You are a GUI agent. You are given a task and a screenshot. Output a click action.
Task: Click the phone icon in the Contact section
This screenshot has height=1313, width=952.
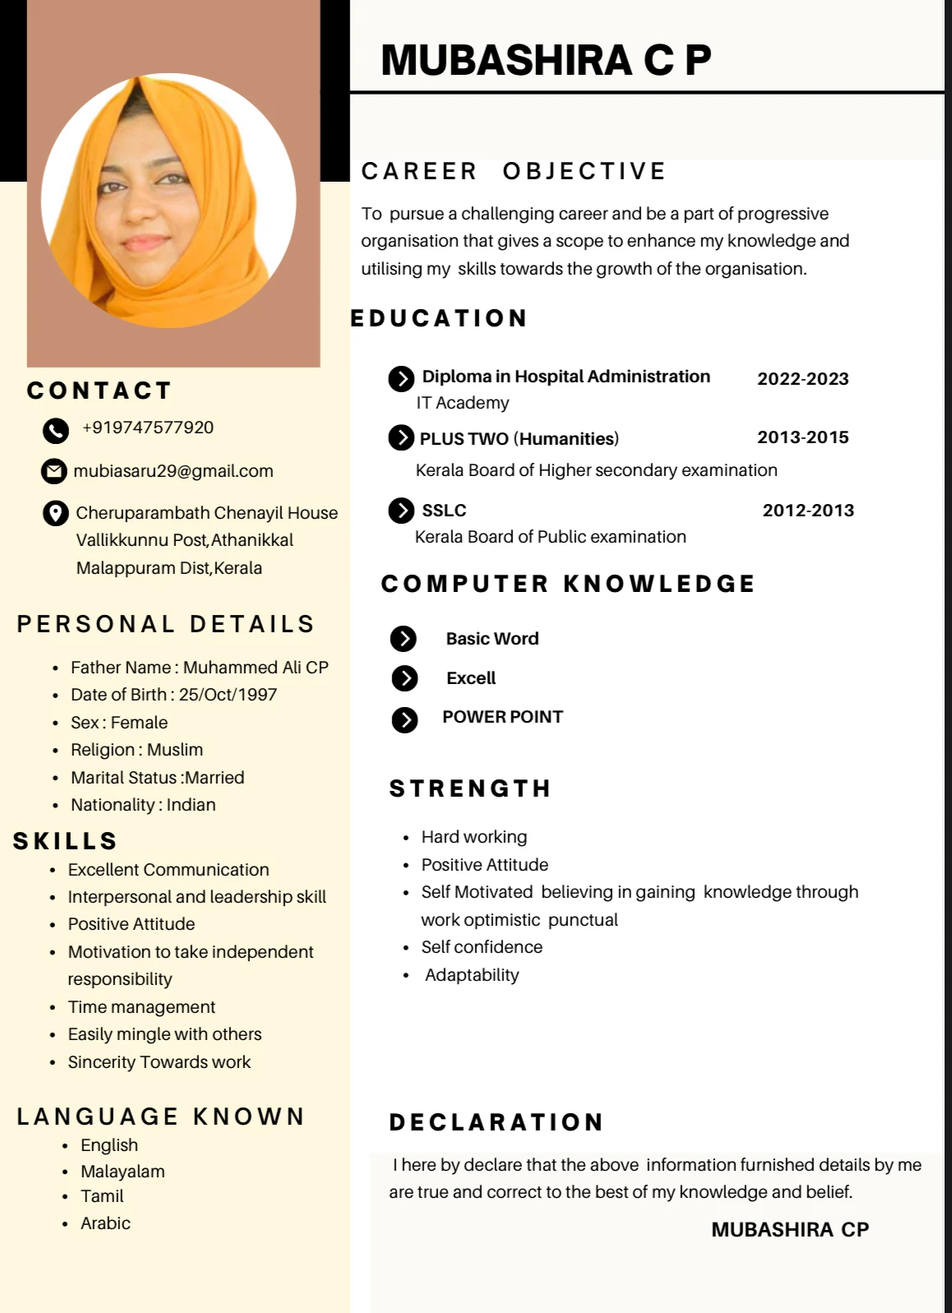tap(55, 430)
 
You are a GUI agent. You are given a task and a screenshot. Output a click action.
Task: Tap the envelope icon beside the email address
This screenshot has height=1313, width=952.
tap(54, 471)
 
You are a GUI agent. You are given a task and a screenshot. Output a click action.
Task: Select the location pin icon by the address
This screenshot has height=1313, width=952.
tap(55, 514)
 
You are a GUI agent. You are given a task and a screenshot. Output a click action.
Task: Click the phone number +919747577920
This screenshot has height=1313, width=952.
tap(148, 428)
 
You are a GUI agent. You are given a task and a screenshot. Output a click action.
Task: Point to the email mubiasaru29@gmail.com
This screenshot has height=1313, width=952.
tap(173, 471)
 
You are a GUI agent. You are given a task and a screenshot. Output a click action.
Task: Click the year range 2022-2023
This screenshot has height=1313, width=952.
tap(802, 379)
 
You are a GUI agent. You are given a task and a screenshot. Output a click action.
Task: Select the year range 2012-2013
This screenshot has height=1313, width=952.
tap(808, 511)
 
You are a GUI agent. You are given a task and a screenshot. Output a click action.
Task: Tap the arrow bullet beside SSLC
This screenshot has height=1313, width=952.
tap(401, 511)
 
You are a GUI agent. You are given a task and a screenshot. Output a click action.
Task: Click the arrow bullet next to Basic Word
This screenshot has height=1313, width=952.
tap(404, 639)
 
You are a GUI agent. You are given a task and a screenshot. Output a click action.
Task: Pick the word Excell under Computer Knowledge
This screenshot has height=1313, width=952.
tap(471, 678)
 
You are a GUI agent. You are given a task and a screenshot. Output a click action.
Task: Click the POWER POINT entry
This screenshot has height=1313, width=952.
tap(502, 717)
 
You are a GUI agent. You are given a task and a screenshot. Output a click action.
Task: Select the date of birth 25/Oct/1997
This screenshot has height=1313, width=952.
tap(228, 695)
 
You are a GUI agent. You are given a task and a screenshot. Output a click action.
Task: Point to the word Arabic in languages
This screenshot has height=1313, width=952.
tap(105, 1223)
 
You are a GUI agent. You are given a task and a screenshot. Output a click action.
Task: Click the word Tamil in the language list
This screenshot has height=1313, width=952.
tap(102, 1196)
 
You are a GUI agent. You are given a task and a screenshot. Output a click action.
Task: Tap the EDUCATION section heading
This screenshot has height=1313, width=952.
tap(439, 318)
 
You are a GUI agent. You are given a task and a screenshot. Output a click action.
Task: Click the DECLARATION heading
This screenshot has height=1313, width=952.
tap(497, 1122)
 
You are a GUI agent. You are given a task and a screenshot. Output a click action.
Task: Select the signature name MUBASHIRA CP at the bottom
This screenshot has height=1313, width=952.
tap(789, 1229)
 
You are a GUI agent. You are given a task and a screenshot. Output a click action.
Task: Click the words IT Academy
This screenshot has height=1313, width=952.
tap(462, 403)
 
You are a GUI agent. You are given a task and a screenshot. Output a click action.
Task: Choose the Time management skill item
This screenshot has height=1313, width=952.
tap(141, 1007)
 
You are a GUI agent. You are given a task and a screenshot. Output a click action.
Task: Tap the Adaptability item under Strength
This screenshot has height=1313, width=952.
tap(472, 975)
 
